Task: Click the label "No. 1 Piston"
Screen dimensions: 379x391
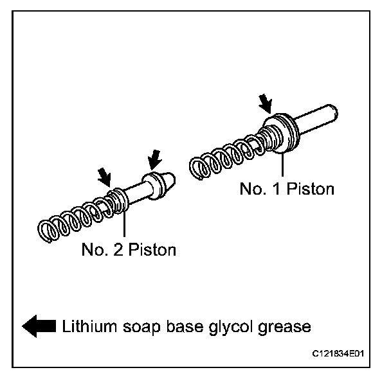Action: tap(286, 189)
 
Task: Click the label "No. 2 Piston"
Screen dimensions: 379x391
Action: tap(128, 249)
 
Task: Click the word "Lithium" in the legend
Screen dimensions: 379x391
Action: tap(85, 326)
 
